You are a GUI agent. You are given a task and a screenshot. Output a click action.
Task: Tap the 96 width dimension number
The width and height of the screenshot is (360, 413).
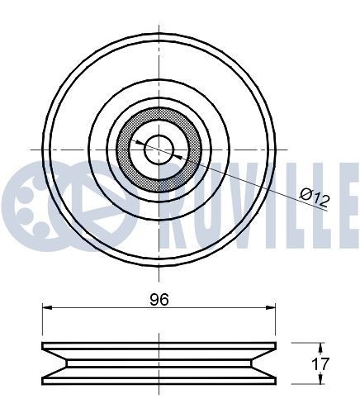coord(159,300)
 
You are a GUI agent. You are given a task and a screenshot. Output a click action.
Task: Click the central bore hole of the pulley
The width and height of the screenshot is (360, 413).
coord(159,149)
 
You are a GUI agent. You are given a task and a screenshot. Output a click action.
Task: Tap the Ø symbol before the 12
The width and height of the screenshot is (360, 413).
coord(306,195)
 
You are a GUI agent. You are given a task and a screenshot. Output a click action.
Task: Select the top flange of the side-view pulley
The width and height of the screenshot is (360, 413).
coord(159,346)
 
